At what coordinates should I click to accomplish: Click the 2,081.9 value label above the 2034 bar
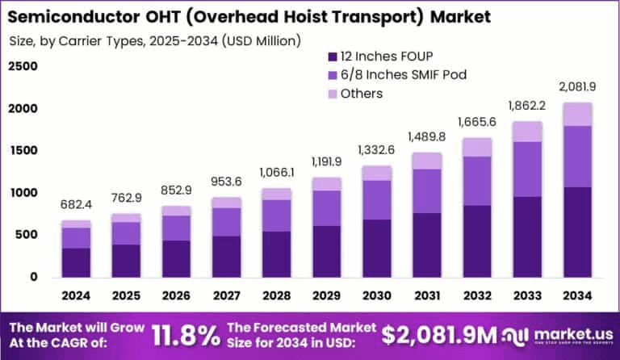[576, 87]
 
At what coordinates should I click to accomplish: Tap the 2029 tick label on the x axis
[325, 295]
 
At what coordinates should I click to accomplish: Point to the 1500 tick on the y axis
[22, 151]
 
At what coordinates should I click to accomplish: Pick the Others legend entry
[361, 94]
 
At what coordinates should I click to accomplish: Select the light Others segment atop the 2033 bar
[526, 132]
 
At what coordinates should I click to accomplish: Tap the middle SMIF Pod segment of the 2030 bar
[375, 200]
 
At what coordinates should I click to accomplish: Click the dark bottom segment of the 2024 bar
[76, 262]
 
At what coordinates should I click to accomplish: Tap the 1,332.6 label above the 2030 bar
[375, 150]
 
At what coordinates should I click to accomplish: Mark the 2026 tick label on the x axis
[176, 295]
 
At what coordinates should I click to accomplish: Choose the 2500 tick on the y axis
[22, 66]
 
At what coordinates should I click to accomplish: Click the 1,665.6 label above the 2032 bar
[475, 122]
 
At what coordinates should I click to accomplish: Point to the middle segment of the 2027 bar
[226, 222]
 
